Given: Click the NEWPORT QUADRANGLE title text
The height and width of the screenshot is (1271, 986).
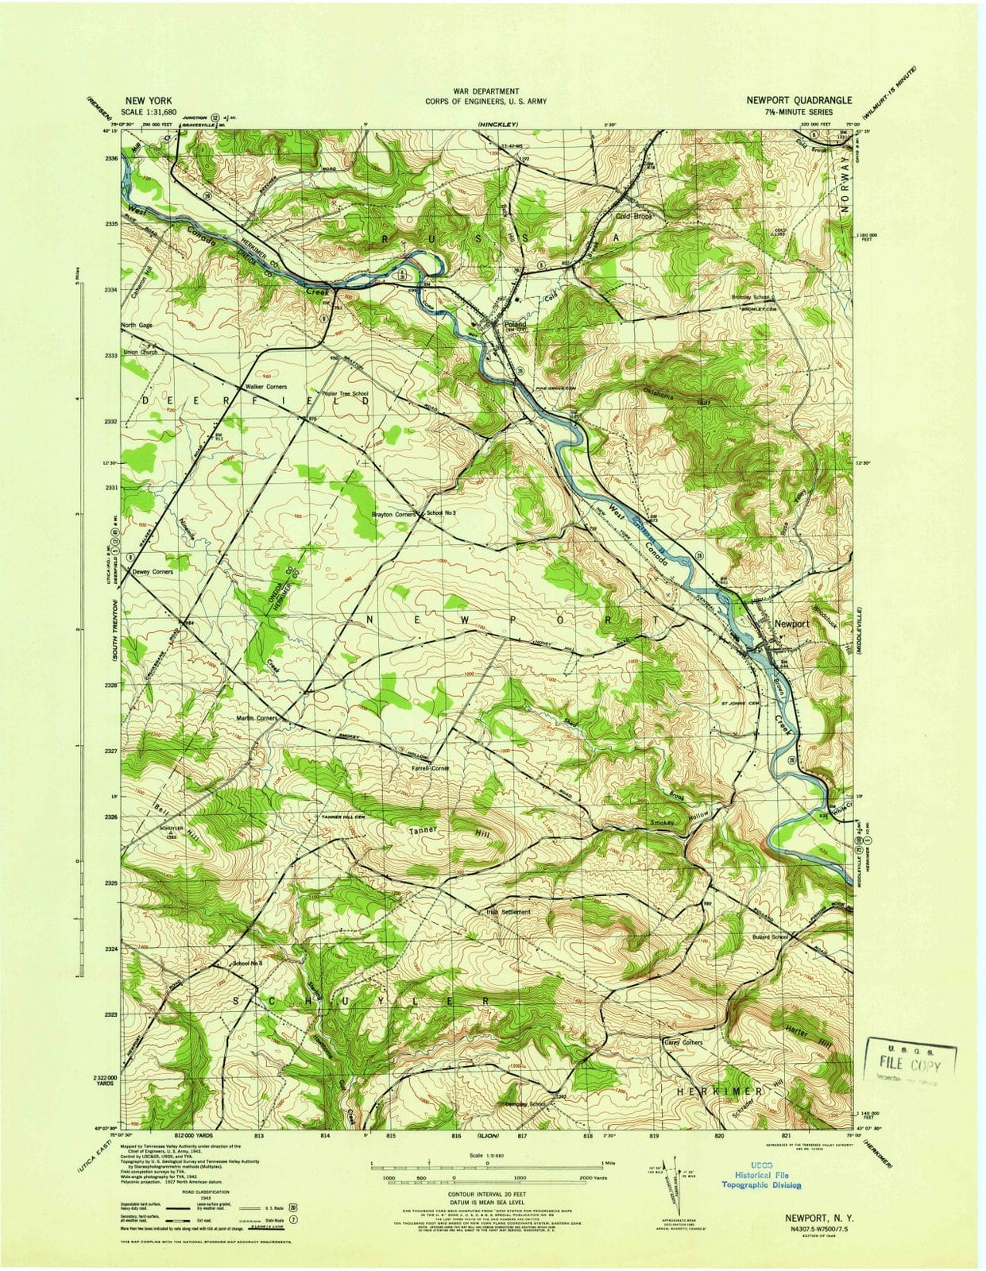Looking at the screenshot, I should tap(799, 101).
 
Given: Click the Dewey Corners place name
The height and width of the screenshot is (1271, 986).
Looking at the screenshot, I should tap(153, 572).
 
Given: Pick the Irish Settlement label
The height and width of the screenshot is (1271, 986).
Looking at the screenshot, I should tap(508, 912).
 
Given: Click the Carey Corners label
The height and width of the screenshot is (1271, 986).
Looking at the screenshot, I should tap(682, 1042).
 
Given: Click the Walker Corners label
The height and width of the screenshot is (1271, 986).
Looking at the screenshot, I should tap(265, 387).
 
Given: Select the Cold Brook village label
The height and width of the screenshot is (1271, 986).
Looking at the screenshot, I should tap(634, 216).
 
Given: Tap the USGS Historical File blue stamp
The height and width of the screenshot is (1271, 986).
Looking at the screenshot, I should tap(761, 1179).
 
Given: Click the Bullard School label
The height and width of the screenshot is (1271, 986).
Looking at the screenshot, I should tap(770, 937).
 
